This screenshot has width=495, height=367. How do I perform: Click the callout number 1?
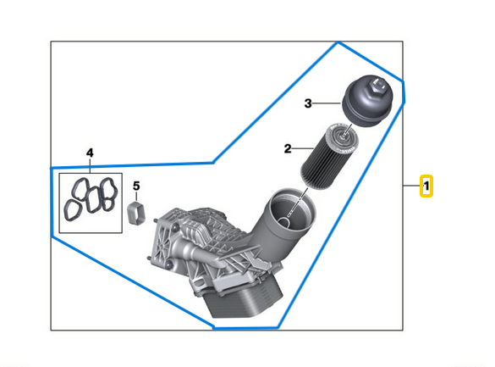click(x=427, y=186)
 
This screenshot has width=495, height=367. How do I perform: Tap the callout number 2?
click(x=288, y=148)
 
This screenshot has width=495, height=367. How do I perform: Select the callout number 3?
click(x=309, y=103)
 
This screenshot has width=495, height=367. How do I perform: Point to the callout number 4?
click(x=90, y=153)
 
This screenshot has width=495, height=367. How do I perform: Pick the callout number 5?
click(x=135, y=186)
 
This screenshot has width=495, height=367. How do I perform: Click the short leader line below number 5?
click(x=135, y=197)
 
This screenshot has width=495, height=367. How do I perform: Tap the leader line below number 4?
click(x=90, y=166)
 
